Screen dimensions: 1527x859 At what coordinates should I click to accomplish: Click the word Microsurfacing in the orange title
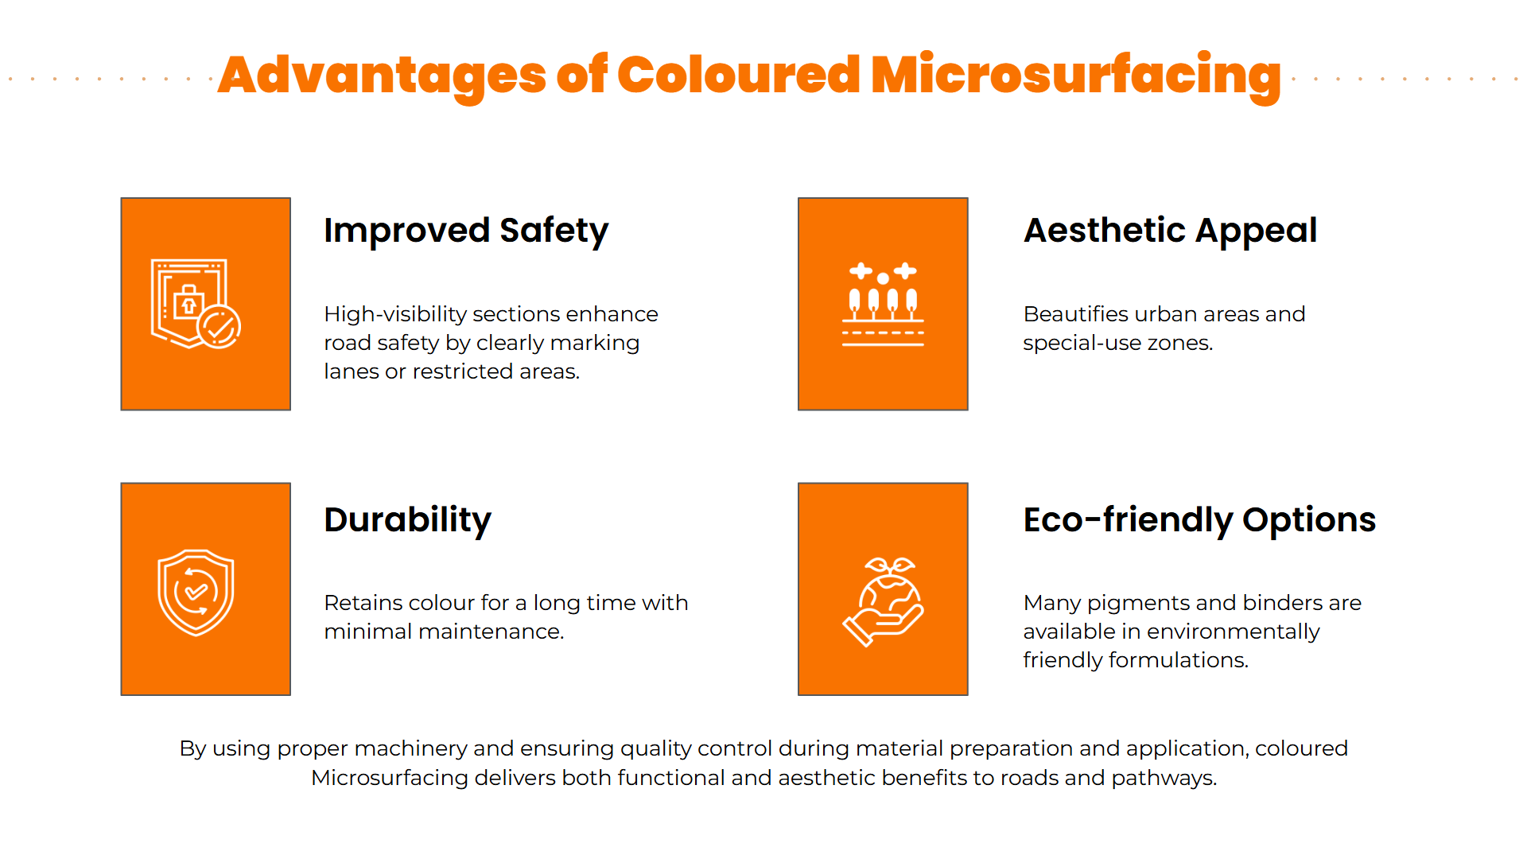pyautogui.click(x=1076, y=76)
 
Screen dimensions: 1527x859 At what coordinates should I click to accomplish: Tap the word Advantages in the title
pyautogui.click(x=382, y=76)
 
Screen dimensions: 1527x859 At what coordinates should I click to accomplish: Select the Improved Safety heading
pyautogui.click(x=466, y=231)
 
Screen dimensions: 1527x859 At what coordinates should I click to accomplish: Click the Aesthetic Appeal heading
pyautogui.click(x=1170, y=231)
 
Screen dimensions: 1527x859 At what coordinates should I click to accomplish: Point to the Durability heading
pyautogui.click(x=407, y=520)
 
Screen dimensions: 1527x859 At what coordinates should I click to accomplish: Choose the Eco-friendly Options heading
pyautogui.click(x=1199, y=520)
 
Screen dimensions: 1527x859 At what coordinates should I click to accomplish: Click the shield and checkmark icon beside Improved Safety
pyautogui.click(x=196, y=304)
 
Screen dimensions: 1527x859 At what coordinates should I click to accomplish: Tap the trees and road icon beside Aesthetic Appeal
pyautogui.click(x=883, y=305)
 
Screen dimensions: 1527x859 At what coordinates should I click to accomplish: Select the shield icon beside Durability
pyautogui.click(x=196, y=593)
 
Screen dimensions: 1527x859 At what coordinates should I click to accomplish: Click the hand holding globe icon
pyautogui.click(x=883, y=602)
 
